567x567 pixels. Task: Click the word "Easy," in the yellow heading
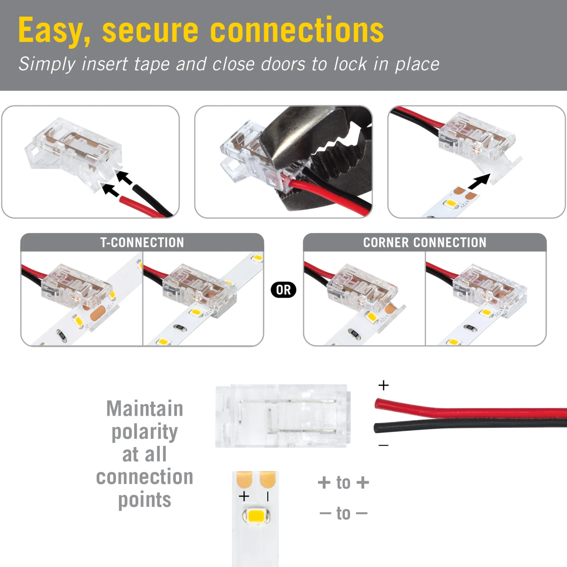pyautogui.click(x=54, y=31)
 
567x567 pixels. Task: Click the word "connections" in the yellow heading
pyautogui.click(x=297, y=31)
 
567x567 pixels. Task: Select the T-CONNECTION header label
pyautogui.click(x=142, y=243)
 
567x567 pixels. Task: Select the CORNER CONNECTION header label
pyautogui.click(x=424, y=243)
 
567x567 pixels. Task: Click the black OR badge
pyautogui.click(x=283, y=290)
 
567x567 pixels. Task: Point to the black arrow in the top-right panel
pyautogui.click(x=479, y=181)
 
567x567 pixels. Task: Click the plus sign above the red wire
pyautogui.click(x=383, y=385)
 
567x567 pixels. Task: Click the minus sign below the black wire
pyautogui.click(x=383, y=445)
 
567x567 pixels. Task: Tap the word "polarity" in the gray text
pyautogui.click(x=144, y=432)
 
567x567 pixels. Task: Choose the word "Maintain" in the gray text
pyautogui.click(x=144, y=409)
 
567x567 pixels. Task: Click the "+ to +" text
pyautogui.click(x=343, y=483)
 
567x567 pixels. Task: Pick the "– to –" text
pyautogui.click(x=343, y=513)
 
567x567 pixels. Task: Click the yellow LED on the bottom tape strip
pyautogui.click(x=256, y=516)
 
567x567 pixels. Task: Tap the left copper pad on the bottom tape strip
pyautogui.click(x=244, y=479)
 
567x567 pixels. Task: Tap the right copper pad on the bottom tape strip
pyautogui.click(x=268, y=479)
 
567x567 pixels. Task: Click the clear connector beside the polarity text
pyautogui.click(x=283, y=416)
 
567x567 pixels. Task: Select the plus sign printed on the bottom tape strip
pyautogui.click(x=244, y=496)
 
